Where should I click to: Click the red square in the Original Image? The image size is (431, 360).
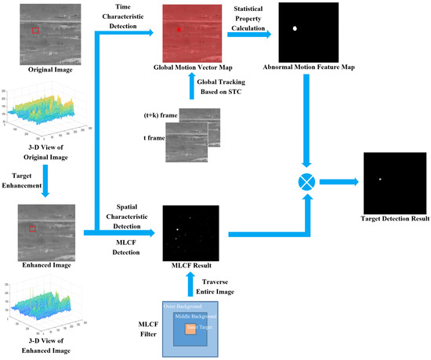(x=34, y=30)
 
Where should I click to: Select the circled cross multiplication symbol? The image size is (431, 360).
(x=308, y=181)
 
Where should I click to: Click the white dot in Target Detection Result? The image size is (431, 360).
(x=380, y=180)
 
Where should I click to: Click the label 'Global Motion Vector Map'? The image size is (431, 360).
(x=190, y=68)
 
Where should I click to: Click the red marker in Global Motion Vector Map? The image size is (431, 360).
(x=179, y=29)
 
